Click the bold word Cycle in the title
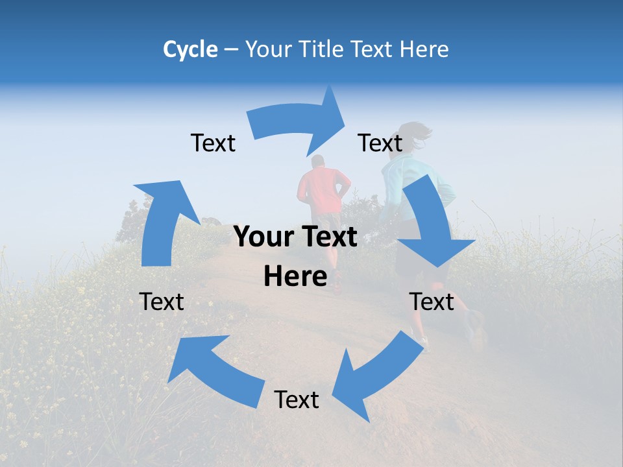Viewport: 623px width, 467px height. click(190, 49)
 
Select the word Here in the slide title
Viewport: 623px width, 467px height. click(424, 49)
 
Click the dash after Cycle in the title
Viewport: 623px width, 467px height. click(231, 50)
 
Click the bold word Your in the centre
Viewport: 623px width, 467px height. click(260, 237)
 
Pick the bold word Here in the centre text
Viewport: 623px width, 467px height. click(295, 276)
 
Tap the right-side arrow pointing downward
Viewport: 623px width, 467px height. click(432, 227)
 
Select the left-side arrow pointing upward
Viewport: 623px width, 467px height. click(162, 221)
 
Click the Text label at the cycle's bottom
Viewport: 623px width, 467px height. click(297, 400)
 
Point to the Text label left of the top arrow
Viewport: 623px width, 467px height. click(213, 143)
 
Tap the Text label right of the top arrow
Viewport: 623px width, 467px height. click(380, 143)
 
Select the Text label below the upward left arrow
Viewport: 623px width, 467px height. click(162, 302)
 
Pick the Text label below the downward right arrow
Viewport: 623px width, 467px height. click(432, 302)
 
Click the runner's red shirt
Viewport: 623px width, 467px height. click(323, 188)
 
